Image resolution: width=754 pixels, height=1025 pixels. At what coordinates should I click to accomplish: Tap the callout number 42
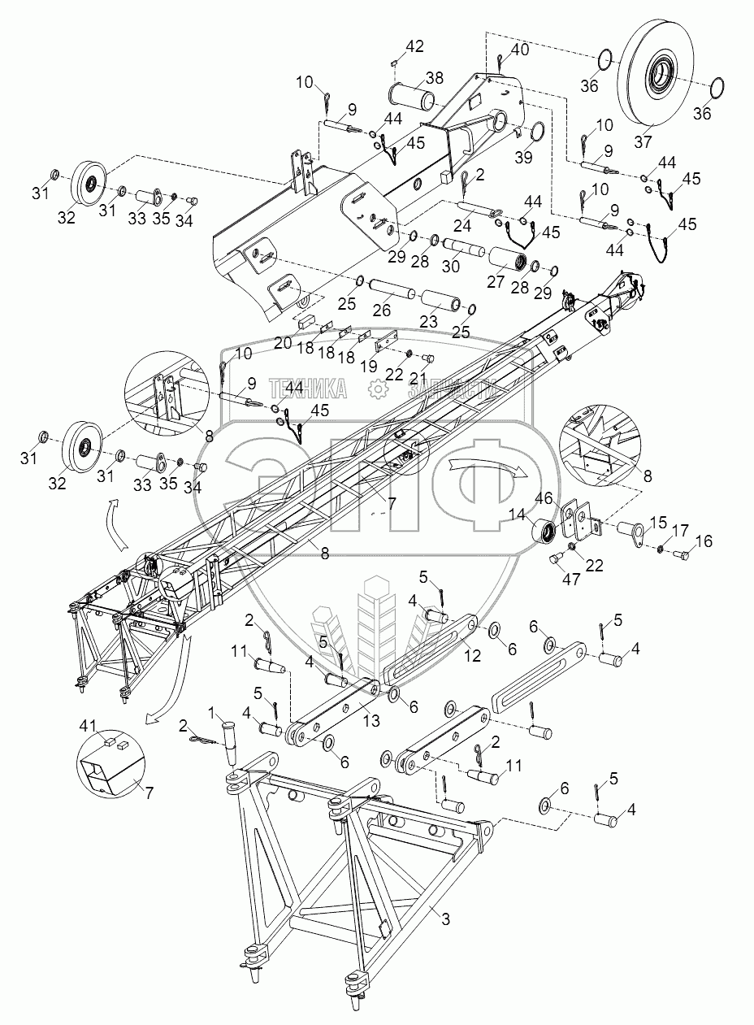point(414,46)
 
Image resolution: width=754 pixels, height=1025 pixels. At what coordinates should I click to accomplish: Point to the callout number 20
point(283,344)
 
